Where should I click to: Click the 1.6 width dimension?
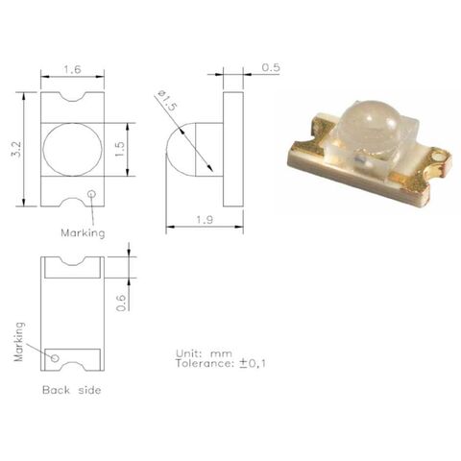(x=72, y=70)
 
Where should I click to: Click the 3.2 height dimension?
(x=12, y=149)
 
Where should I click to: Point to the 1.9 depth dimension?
(x=203, y=220)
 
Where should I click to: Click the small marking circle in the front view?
(x=92, y=195)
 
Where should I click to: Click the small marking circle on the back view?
(x=55, y=358)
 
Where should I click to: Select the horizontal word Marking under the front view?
(x=83, y=232)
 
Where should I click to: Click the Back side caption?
(x=71, y=390)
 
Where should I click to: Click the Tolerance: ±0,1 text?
(x=220, y=363)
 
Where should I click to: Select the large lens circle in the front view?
(x=72, y=149)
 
